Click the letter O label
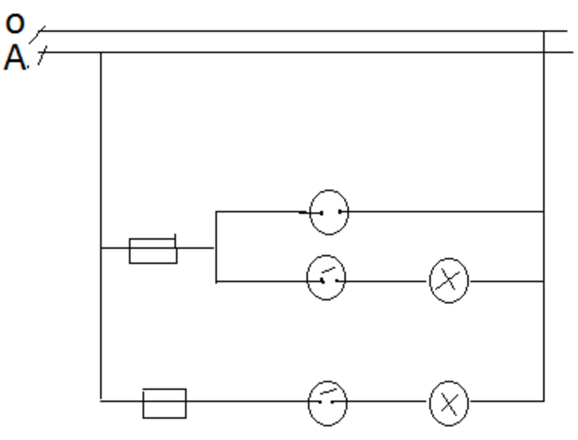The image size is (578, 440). click(x=15, y=23)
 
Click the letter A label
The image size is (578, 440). click(x=15, y=58)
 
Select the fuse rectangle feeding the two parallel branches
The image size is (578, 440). click(x=153, y=250)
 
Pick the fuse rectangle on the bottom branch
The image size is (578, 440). click(x=164, y=403)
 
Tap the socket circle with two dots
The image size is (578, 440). click(x=329, y=212)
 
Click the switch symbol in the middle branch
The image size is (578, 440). click(x=326, y=278)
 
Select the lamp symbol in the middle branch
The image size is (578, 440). click(x=449, y=281)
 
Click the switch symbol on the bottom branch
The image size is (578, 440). click(x=327, y=403)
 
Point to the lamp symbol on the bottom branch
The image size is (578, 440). click(x=449, y=403)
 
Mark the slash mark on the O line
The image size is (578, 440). click(x=37, y=35)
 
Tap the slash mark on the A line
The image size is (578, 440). click(x=42, y=55)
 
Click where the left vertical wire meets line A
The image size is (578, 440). click(x=101, y=53)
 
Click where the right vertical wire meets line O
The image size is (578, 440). click(x=544, y=31)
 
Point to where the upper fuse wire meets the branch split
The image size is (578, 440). click(x=216, y=247)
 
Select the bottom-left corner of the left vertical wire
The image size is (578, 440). click(x=101, y=400)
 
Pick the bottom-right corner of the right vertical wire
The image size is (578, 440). click(x=544, y=400)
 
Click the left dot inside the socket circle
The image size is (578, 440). click(x=321, y=213)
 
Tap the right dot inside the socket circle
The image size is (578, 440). click(x=340, y=212)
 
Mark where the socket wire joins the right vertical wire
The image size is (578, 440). click(x=544, y=212)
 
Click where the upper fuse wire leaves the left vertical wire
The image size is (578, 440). click(x=101, y=247)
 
